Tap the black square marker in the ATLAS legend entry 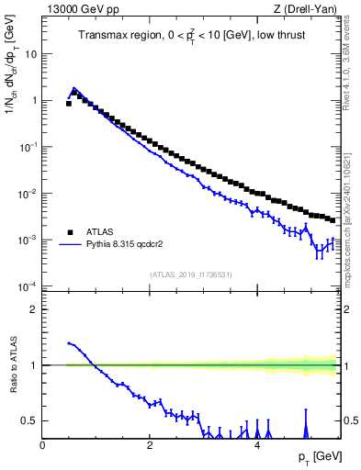70,232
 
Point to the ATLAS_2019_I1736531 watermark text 190,274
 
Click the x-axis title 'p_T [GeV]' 314,457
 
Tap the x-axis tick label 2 150,445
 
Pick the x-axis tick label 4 257,445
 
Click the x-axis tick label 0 42,445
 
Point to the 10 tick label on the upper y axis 30,53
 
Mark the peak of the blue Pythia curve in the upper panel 74,89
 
